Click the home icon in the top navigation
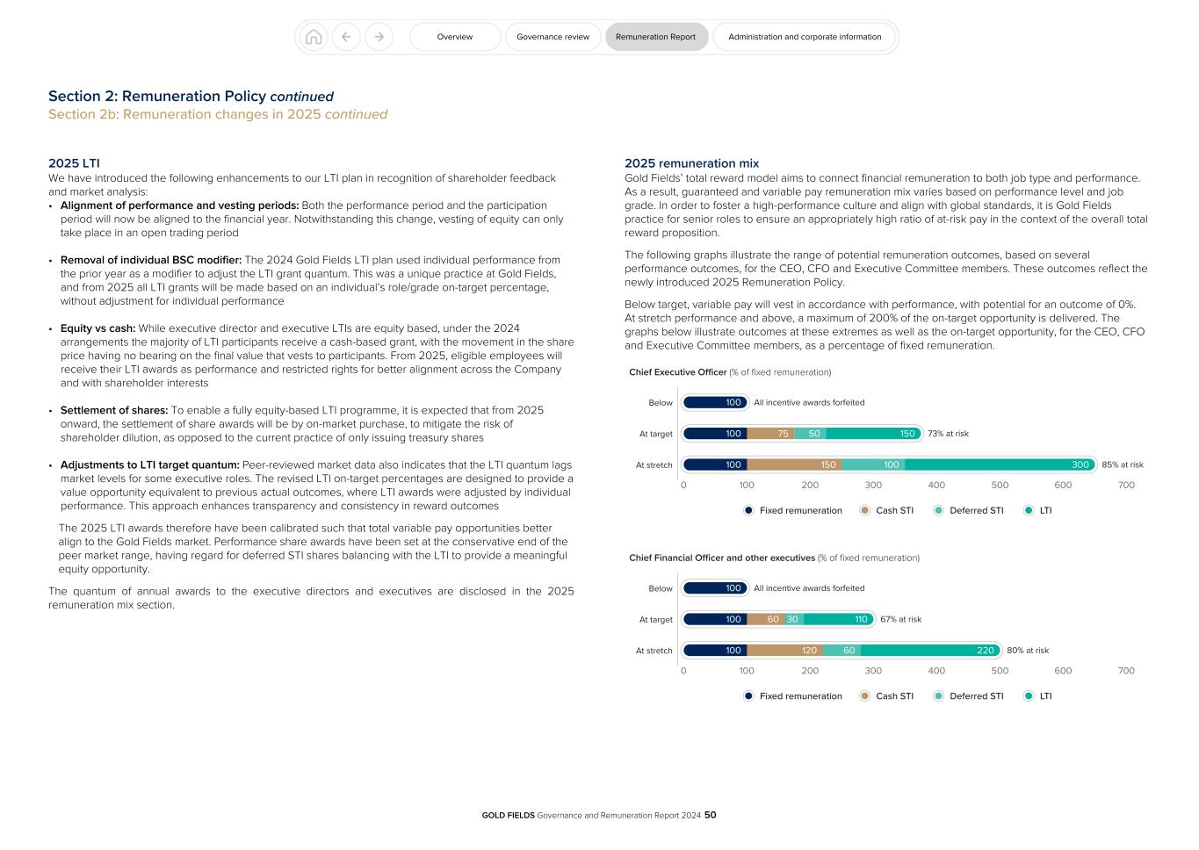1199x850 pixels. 314,37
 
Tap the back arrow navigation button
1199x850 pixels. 346,37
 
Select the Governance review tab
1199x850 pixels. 553,37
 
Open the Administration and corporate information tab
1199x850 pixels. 804,37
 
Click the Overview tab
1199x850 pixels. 454,37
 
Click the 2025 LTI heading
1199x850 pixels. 74,163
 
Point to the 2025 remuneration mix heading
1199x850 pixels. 691,163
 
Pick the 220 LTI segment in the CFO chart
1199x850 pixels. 930,651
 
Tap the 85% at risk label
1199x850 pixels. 1123,465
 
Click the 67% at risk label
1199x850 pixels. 900,619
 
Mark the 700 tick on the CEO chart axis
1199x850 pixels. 1126,485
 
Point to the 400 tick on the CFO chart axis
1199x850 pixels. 936,671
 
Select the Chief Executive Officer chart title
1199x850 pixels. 677,372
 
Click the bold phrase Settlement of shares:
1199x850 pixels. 114,410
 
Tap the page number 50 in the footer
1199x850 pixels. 710,815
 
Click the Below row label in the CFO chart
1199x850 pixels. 661,588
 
